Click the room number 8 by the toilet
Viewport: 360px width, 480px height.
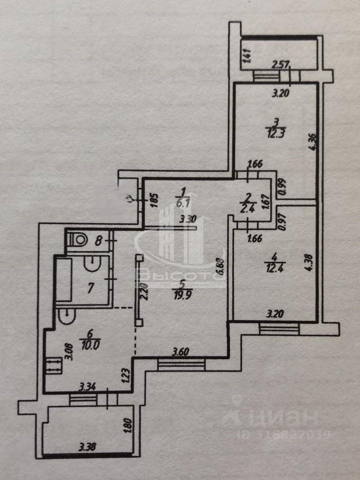(99, 240)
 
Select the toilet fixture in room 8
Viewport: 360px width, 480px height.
(77, 239)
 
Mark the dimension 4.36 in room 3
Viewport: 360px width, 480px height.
(312, 145)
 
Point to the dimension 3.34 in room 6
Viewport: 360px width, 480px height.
(90, 386)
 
